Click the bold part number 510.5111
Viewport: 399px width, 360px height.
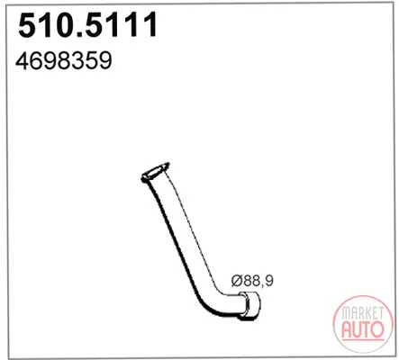(87, 25)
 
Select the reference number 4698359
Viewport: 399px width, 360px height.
(64, 60)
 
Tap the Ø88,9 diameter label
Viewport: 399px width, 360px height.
(252, 281)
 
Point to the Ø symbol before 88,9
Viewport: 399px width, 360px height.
(237, 281)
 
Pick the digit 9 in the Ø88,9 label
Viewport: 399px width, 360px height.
(269, 281)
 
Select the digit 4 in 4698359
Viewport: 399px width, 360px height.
(23, 60)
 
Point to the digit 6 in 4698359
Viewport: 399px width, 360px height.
(36, 60)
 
